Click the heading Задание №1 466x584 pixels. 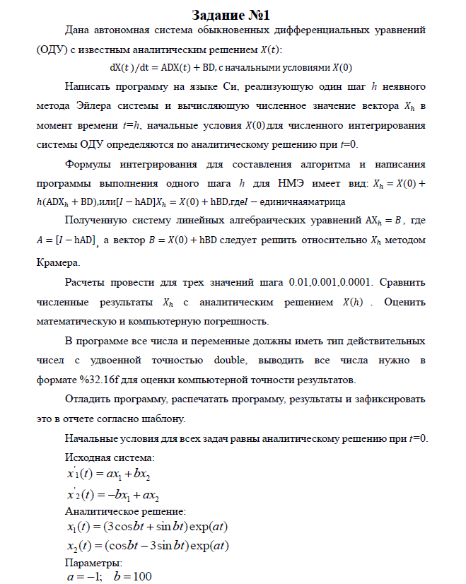click(232, 15)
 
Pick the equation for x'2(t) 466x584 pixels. click(112, 494)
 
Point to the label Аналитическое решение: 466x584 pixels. click(125, 510)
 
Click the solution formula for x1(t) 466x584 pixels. click(146, 527)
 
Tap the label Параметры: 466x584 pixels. click(93, 563)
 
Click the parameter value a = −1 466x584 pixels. click(80, 576)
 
